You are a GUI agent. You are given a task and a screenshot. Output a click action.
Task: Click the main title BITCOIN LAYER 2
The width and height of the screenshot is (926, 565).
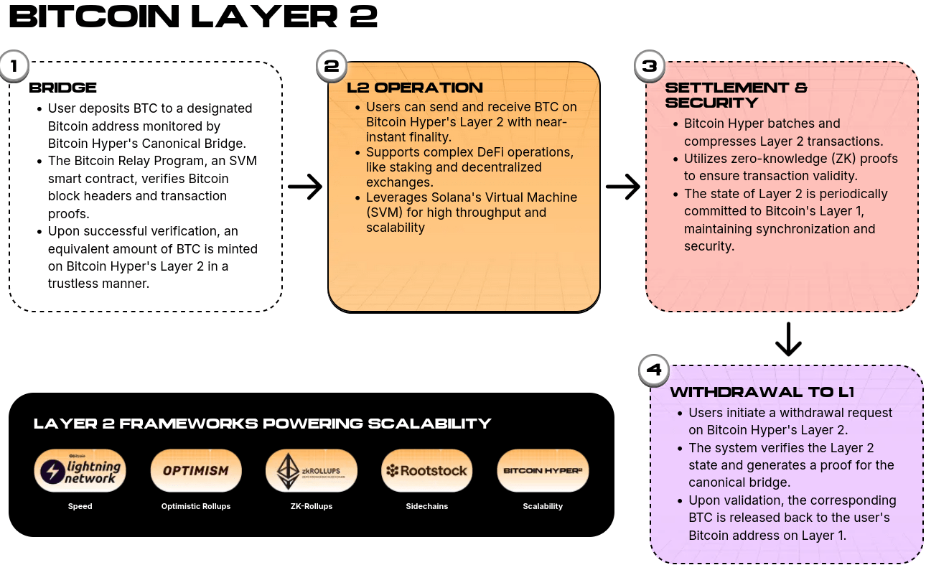pyautogui.click(x=193, y=16)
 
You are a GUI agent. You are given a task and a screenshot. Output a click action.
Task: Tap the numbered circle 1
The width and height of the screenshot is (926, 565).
pyautogui.click(x=12, y=66)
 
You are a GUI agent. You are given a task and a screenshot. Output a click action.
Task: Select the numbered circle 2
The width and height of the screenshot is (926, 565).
pyautogui.click(x=331, y=66)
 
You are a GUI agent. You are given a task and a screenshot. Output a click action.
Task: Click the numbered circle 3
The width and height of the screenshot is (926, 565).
pyautogui.click(x=649, y=66)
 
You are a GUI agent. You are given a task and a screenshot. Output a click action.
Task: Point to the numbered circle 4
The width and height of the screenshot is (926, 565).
pyautogui.click(x=654, y=370)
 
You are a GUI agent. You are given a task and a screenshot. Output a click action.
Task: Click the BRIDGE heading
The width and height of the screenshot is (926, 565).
pyautogui.click(x=62, y=88)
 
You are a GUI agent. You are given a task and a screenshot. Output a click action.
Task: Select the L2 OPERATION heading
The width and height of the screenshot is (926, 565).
pyautogui.click(x=414, y=88)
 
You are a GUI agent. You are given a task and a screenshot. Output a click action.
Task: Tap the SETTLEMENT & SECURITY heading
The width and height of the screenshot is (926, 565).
pyautogui.click(x=736, y=95)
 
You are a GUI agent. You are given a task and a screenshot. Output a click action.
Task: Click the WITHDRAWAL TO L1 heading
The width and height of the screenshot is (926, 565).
pyautogui.click(x=761, y=392)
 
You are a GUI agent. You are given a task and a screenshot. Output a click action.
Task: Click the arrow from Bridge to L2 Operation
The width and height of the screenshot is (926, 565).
pyautogui.click(x=305, y=187)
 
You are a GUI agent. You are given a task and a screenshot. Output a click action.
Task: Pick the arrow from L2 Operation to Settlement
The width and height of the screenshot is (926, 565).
pyautogui.click(x=623, y=187)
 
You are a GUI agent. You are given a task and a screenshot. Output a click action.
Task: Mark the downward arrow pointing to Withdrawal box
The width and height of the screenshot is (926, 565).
pyautogui.click(x=788, y=340)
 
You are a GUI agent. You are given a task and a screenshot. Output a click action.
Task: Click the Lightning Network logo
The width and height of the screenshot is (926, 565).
pyautogui.click(x=80, y=471)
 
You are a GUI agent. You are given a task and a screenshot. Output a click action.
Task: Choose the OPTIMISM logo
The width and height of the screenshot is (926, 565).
pyautogui.click(x=195, y=471)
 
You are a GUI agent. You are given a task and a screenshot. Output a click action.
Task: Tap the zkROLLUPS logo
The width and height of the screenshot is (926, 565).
pyautogui.click(x=311, y=471)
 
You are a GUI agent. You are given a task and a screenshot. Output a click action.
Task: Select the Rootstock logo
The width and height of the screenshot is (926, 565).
pyautogui.click(x=426, y=471)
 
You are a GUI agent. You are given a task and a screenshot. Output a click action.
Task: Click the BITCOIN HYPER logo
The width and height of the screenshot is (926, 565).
pyautogui.click(x=542, y=471)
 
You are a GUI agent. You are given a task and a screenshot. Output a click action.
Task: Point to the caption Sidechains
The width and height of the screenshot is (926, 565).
pyautogui.click(x=426, y=506)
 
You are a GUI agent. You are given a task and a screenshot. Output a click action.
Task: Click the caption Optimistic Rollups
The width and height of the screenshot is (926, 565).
pyautogui.click(x=195, y=506)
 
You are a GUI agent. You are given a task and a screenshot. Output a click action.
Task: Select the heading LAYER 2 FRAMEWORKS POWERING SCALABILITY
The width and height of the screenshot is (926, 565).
pyautogui.click(x=262, y=423)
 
